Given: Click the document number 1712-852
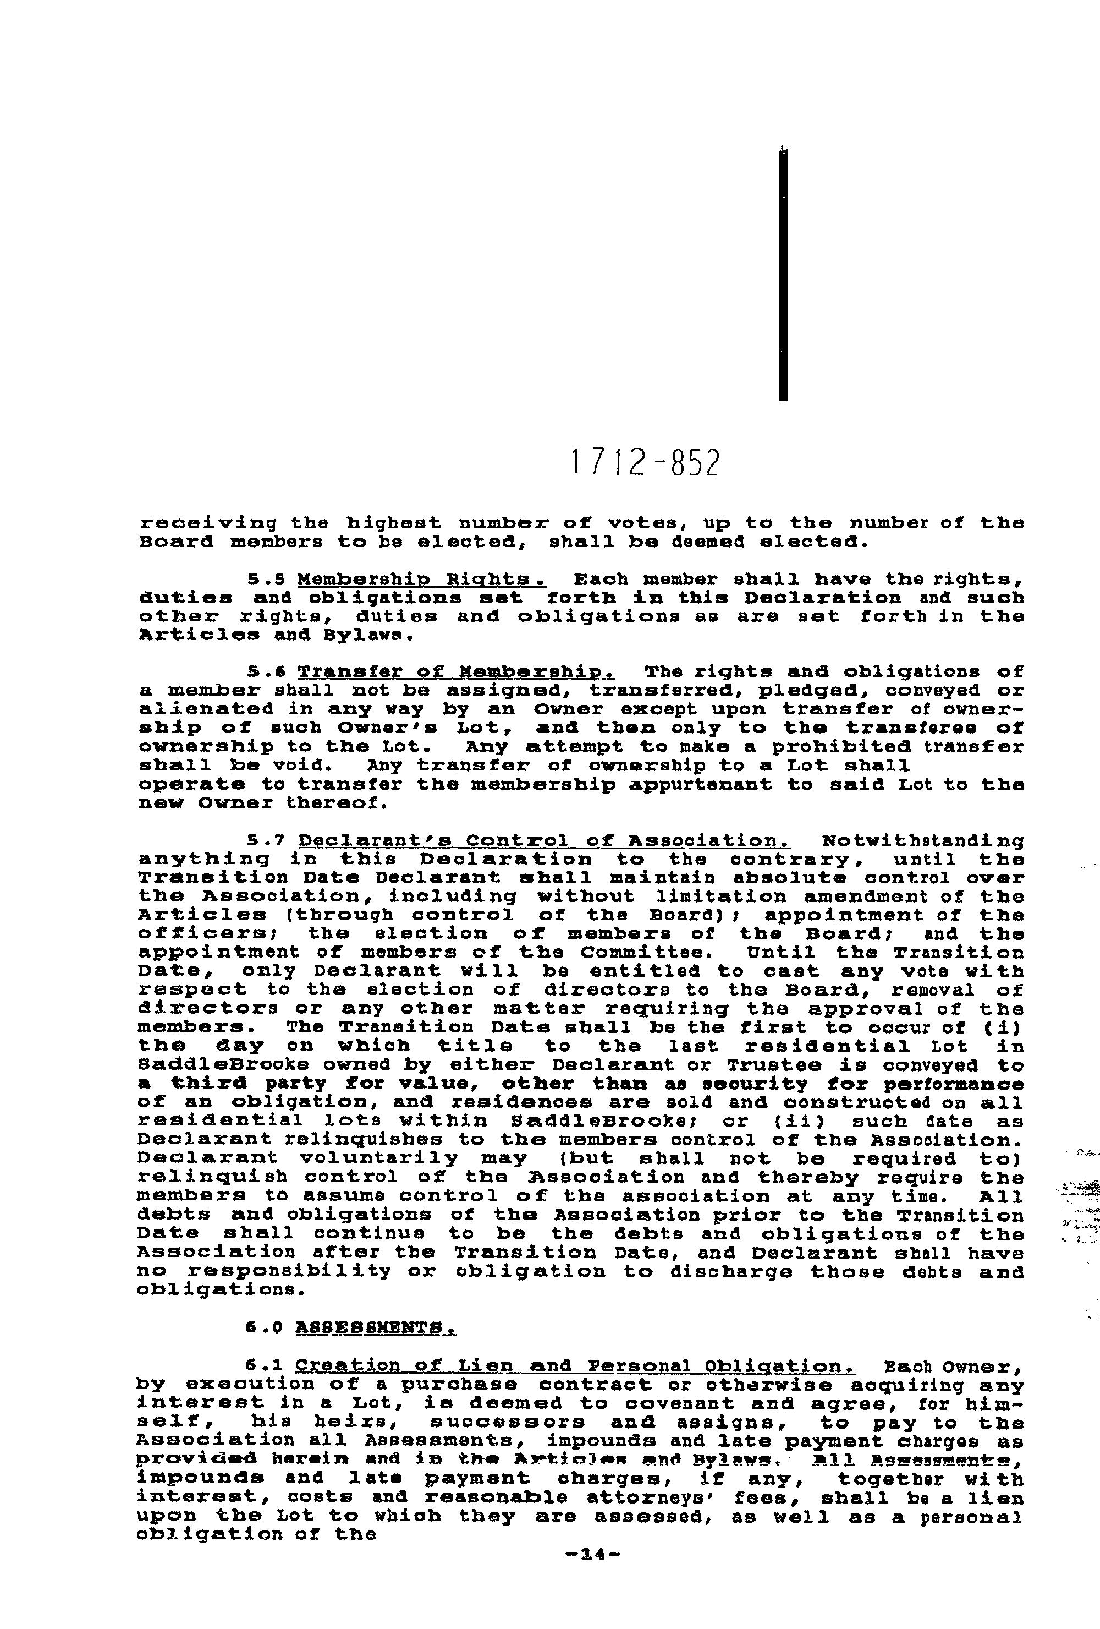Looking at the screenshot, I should pos(645,463).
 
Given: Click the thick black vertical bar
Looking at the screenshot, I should pos(783,274).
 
